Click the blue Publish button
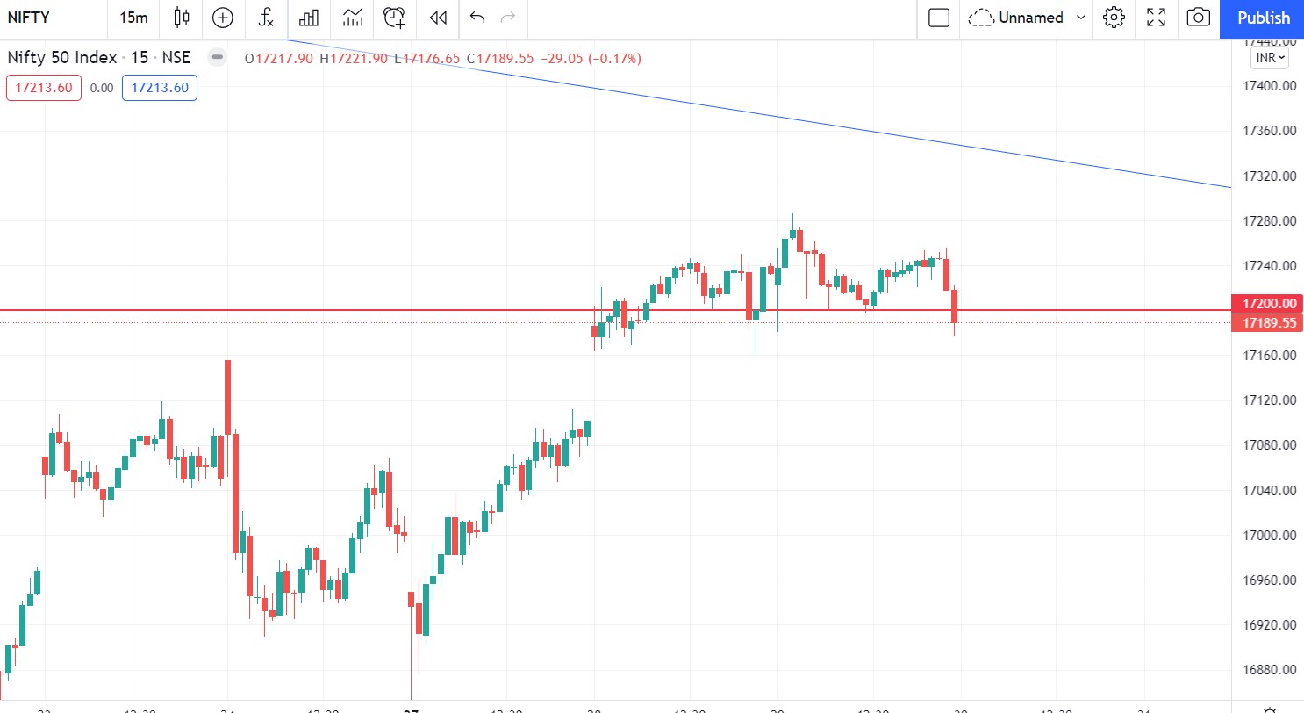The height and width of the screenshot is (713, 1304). tap(1263, 18)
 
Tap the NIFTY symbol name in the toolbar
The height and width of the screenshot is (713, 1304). tap(29, 18)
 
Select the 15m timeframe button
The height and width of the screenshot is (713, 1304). tap(133, 18)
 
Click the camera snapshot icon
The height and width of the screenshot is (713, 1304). tap(1198, 18)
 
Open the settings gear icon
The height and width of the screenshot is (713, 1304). tap(1114, 18)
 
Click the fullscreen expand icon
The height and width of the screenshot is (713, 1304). tap(1157, 18)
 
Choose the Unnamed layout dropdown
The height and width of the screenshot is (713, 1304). tap(1027, 18)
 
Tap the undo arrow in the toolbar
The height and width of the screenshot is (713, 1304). tap(477, 18)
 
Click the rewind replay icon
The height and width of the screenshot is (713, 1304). tap(438, 18)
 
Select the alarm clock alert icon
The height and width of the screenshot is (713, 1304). tap(395, 18)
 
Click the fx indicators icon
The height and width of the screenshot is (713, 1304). tap(266, 18)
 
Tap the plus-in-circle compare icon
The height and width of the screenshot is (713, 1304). tap(223, 18)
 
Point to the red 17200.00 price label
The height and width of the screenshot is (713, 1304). tap(1268, 304)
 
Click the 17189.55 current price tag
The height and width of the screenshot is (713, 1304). tap(1268, 323)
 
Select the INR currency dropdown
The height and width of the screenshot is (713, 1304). tap(1270, 58)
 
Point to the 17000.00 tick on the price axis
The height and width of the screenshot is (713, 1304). tap(1270, 536)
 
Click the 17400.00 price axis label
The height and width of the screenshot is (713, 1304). tap(1270, 86)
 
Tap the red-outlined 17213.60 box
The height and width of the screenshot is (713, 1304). tap(44, 88)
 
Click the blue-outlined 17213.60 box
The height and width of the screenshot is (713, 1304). tap(160, 88)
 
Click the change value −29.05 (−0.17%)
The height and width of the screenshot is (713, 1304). tap(591, 59)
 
